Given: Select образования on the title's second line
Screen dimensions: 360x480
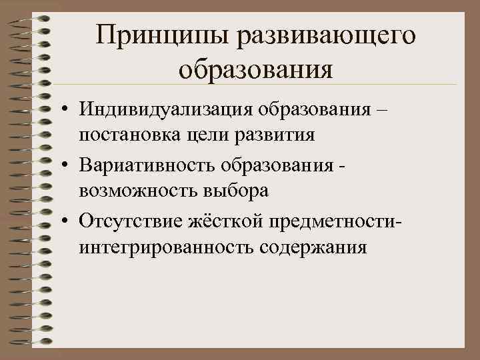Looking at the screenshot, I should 256,69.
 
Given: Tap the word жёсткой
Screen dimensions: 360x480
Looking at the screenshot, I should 227,220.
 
